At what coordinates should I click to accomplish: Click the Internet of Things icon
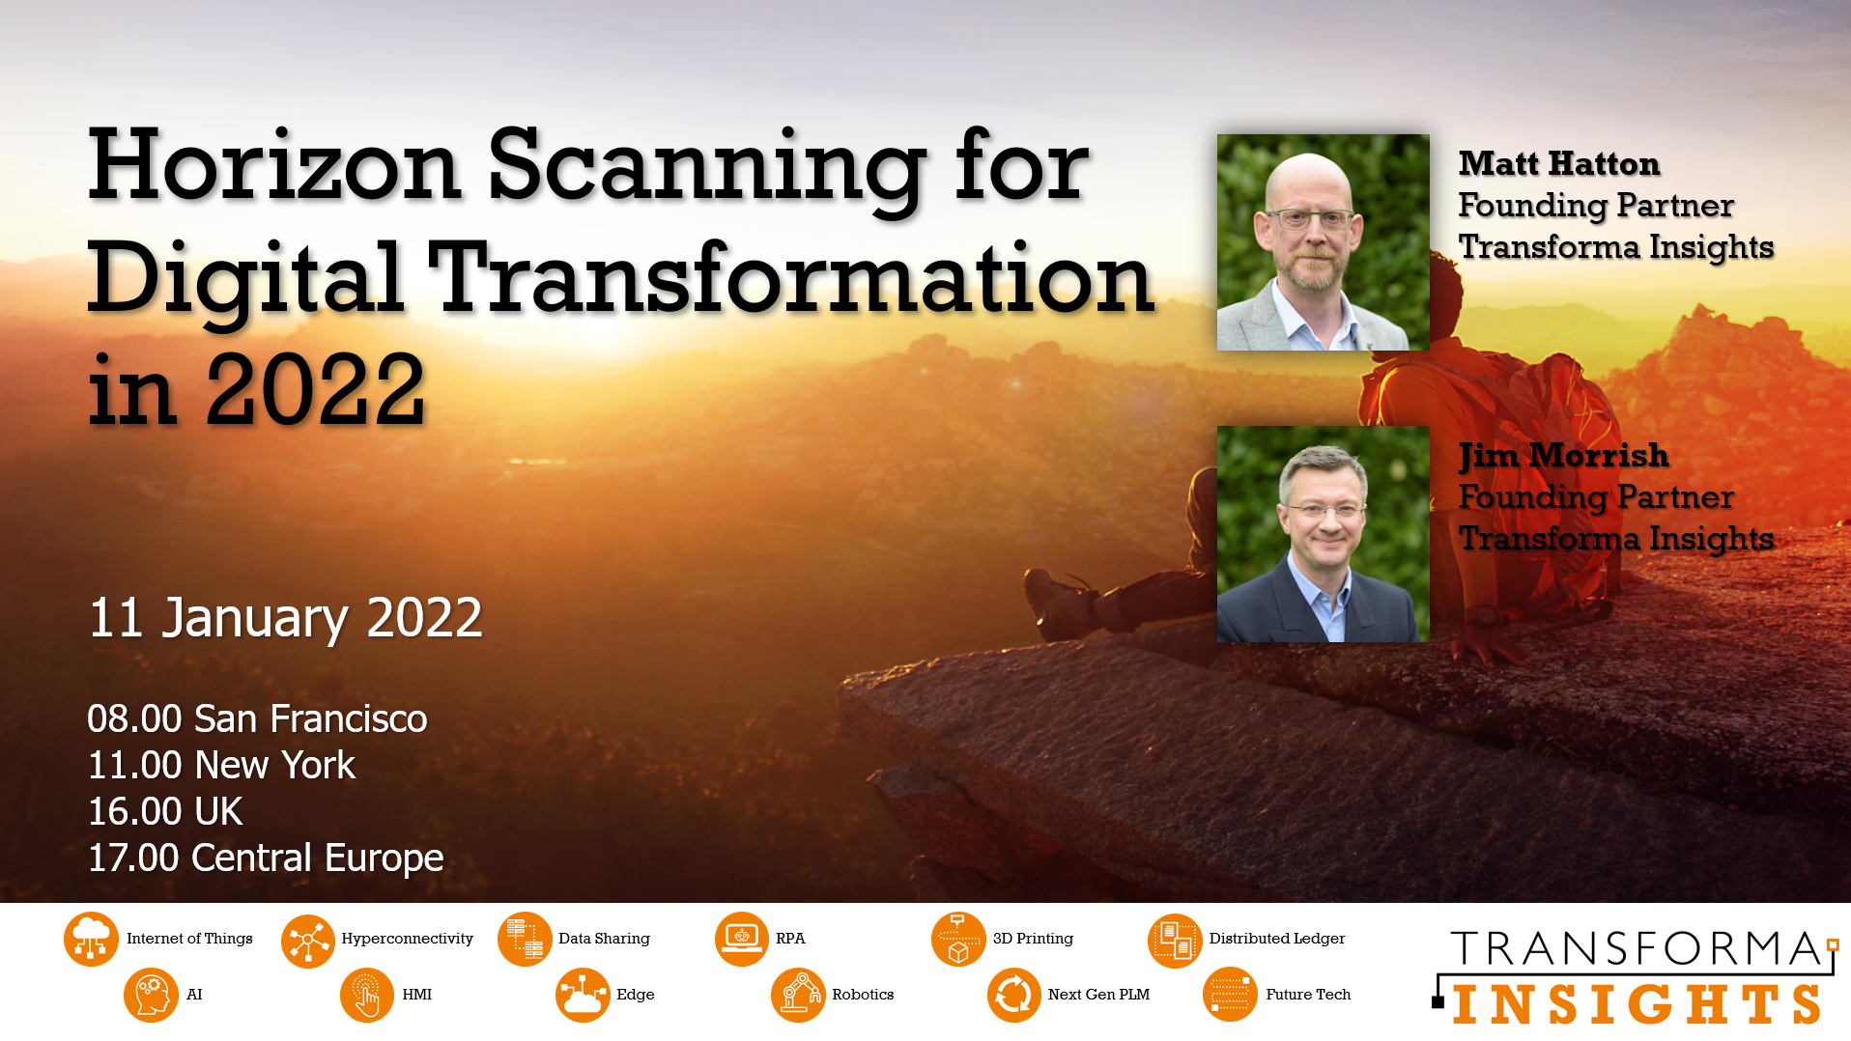click(91, 939)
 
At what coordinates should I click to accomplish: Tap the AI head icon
click(152, 995)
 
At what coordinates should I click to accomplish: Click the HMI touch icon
click(367, 995)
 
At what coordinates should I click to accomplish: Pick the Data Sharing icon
click(525, 939)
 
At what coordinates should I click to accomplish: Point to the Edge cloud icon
click(583, 995)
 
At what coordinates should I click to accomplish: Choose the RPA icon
click(742, 939)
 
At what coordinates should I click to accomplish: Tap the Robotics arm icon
click(799, 995)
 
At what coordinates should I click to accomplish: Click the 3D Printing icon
click(958, 939)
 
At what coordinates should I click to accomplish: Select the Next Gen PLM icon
click(1014, 995)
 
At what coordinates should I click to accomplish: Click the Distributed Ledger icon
click(1175, 940)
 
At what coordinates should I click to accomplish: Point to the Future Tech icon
click(1231, 995)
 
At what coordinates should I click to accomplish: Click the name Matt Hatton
click(1559, 163)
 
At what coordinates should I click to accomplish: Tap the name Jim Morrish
click(1563, 456)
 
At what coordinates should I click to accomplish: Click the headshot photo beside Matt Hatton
click(1323, 242)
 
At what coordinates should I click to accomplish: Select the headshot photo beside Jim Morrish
click(1323, 534)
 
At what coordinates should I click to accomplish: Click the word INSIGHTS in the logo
click(1637, 1004)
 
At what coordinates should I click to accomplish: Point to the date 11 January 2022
click(285, 618)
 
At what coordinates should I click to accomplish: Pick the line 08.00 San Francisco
click(257, 719)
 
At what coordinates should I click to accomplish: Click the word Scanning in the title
click(706, 169)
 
